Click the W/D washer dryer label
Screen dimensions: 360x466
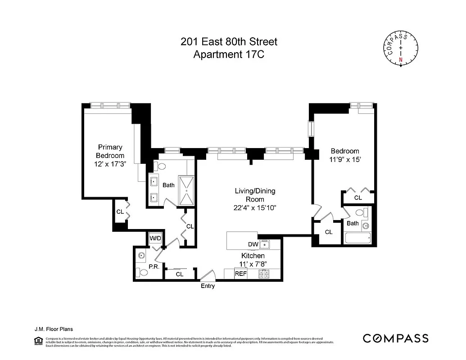click(155, 238)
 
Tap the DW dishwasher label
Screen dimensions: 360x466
click(253, 244)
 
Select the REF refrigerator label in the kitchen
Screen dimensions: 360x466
click(240, 274)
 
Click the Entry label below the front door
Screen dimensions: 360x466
click(208, 286)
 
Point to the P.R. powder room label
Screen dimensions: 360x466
click(154, 266)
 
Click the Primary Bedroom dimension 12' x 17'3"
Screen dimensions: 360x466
click(110, 164)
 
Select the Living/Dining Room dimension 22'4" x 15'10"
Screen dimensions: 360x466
click(255, 207)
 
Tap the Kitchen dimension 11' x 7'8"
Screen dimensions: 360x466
click(253, 264)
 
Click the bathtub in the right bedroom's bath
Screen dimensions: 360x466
click(357, 238)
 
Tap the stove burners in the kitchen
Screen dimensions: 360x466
click(263, 274)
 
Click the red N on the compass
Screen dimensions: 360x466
click(401, 59)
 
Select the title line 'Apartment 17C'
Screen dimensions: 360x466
click(229, 54)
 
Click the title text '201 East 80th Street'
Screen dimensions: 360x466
click(229, 42)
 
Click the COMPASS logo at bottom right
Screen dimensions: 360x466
click(395, 338)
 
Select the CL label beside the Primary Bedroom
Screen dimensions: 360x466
click(120, 211)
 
